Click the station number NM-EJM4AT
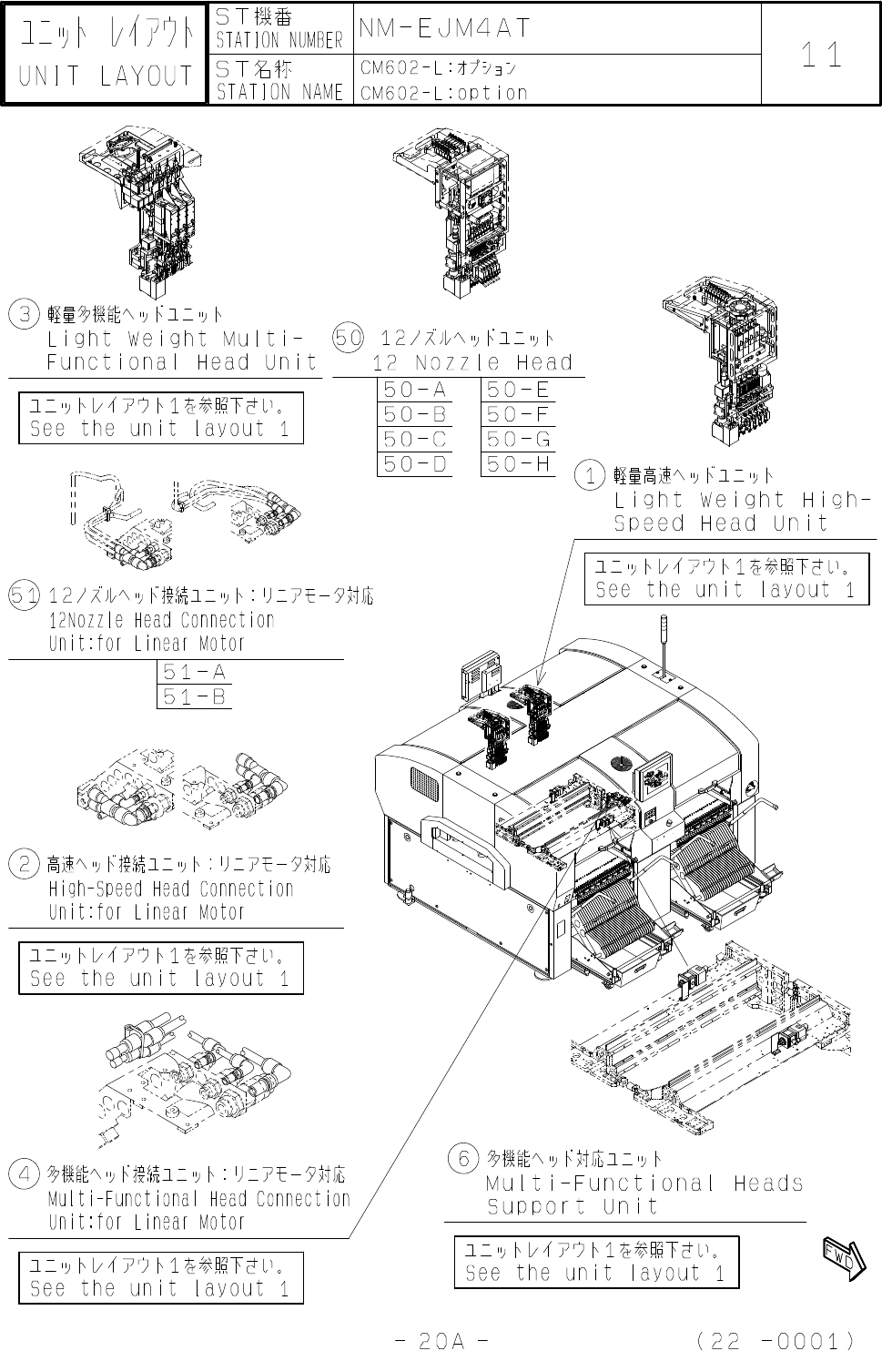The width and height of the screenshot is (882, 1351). pyautogui.click(x=444, y=28)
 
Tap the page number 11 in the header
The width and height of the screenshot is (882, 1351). pyautogui.click(x=822, y=56)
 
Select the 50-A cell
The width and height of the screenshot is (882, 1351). pyautogui.click(x=415, y=391)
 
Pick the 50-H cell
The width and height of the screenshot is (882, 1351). pyautogui.click(x=518, y=464)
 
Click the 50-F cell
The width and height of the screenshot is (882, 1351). pyautogui.click(x=518, y=415)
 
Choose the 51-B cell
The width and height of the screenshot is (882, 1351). pyautogui.click(x=194, y=697)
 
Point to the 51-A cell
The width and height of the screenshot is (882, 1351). pyautogui.click(x=194, y=673)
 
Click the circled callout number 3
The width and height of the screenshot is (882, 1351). pyautogui.click(x=22, y=315)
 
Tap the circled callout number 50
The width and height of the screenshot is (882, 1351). pyautogui.click(x=349, y=338)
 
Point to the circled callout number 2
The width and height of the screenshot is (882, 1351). pyautogui.click(x=23, y=863)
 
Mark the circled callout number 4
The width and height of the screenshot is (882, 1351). pyautogui.click(x=23, y=1173)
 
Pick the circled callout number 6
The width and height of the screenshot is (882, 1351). pyautogui.click(x=462, y=1159)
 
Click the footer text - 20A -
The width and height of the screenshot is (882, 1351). pyautogui.click(x=444, y=1340)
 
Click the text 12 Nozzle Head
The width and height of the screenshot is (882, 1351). pyautogui.click(x=472, y=362)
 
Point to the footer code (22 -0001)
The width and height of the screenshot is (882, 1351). pyautogui.click(x=774, y=1340)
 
